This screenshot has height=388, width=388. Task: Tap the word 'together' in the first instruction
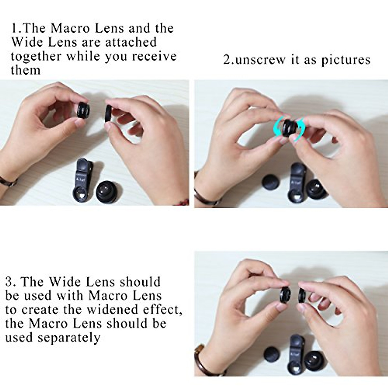(36, 57)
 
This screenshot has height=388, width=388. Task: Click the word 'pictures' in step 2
(346, 60)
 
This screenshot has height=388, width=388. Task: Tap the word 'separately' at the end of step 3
(69, 338)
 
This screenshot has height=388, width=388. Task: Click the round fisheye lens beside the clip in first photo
(107, 191)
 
